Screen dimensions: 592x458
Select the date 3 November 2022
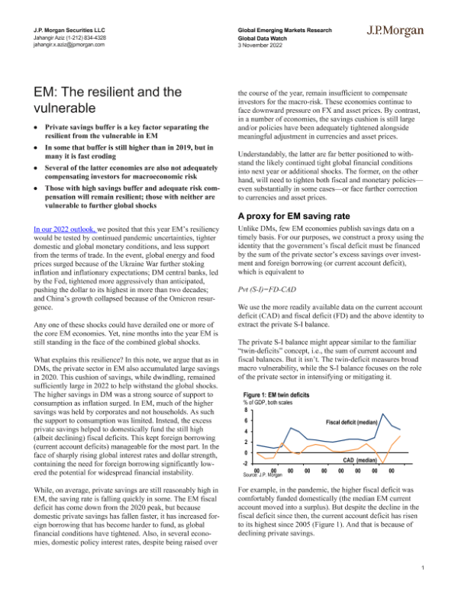coord(263,44)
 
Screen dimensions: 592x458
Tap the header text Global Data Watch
coord(265,37)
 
